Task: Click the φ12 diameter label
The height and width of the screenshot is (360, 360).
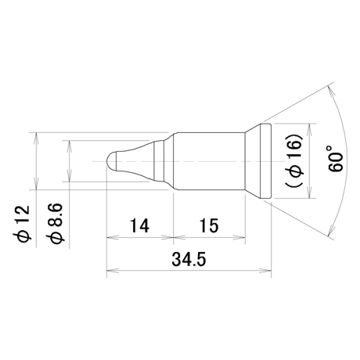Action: point(22,222)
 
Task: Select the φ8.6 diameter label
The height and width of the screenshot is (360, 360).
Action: point(54,223)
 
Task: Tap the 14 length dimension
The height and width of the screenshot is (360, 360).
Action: point(139,225)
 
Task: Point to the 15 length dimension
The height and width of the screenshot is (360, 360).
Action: point(209,225)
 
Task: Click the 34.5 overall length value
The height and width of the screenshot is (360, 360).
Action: point(189,259)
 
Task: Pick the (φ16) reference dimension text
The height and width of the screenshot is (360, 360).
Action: point(294,160)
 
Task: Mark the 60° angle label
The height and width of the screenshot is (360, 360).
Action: point(334,159)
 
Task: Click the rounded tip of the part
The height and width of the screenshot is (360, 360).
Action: point(111,161)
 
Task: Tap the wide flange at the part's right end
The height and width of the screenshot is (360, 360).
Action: point(265,161)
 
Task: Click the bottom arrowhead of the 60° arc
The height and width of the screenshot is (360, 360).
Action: point(330,229)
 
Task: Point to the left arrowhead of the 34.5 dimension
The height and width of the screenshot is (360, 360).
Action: point(112,271)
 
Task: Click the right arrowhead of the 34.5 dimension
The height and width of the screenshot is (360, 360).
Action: point(265,271)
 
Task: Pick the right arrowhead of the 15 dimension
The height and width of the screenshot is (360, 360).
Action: point(239,237)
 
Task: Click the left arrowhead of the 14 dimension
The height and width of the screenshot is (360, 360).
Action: point(112,237)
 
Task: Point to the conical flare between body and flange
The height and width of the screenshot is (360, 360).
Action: point(252,161)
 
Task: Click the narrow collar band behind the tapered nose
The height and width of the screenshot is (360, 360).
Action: point(159,161)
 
